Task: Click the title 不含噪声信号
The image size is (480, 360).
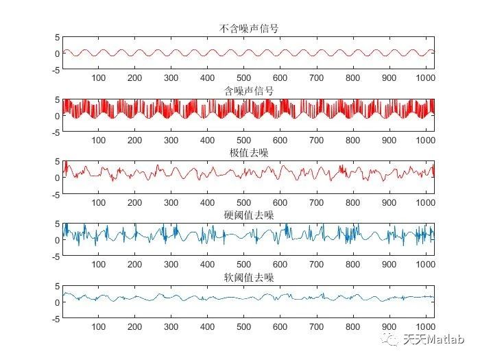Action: [248, 28]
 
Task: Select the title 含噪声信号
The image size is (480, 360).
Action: [248, 91]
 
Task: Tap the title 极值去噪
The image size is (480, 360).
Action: [248, 152]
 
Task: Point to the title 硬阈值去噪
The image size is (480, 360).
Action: [248, 215]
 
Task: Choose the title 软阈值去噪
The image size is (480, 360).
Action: [248, 277]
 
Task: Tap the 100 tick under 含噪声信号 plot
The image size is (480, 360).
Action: [99, 141]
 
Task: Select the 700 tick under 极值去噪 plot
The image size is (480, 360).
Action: [316, 203]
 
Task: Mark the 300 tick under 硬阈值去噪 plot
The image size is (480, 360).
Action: [171, 265]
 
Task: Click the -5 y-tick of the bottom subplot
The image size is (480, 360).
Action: [55, 318]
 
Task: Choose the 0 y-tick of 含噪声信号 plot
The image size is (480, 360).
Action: [57, 115]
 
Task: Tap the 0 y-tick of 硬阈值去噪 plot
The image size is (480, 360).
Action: [57, 240]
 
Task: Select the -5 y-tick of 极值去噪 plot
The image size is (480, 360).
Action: [55, 194]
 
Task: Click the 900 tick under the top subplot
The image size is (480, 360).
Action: [389, 78]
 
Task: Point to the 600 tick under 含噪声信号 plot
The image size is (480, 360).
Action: [280, 141]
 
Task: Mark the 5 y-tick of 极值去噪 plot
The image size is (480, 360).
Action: [57, 162]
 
